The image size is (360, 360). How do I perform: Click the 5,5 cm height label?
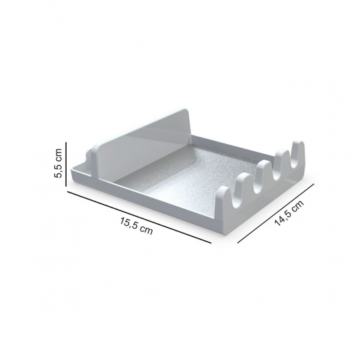tap(58, 163)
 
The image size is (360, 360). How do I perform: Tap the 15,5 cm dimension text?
tap(136, 226)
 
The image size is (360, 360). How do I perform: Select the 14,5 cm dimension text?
tap(289, 213)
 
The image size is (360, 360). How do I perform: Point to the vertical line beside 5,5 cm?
tap(66, 164)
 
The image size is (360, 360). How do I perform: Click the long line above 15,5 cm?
tap(139, 217)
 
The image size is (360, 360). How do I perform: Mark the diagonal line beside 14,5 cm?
tap(276, 213)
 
